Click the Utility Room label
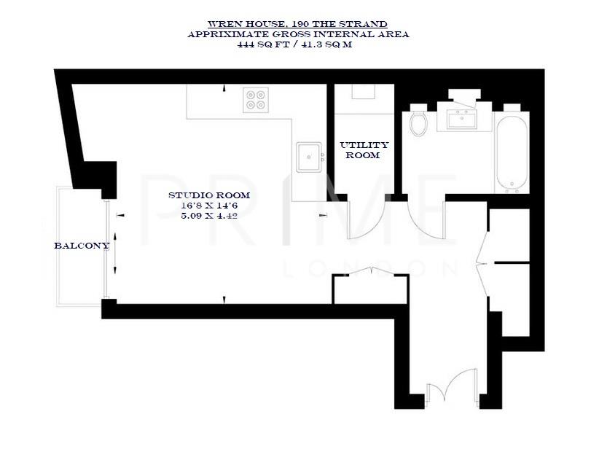(364, 150)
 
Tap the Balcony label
(82, 246)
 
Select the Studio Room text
(209, 195)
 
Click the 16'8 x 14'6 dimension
(209, 206)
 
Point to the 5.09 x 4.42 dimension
(209, 216)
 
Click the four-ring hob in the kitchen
(256, 99)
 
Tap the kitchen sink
(310, 157)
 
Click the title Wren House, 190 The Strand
(298, 24)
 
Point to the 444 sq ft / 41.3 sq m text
(298, 44)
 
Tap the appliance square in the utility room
(362, 91)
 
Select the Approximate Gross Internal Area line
(298, 34)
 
